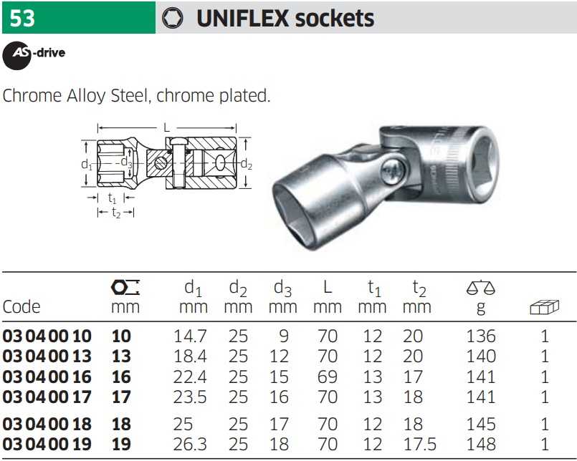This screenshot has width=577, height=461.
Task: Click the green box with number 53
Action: pos(79,18)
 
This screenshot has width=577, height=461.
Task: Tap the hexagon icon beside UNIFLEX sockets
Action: pos(172,18)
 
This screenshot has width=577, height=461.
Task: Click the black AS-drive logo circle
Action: pos(16,56)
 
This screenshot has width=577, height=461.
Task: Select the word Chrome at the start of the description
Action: pos(32,96)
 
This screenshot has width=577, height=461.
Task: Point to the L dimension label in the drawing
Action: pos(167,128)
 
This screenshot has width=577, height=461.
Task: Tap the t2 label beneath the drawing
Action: pos(116,213)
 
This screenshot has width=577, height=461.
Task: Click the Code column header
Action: pos(22,306)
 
